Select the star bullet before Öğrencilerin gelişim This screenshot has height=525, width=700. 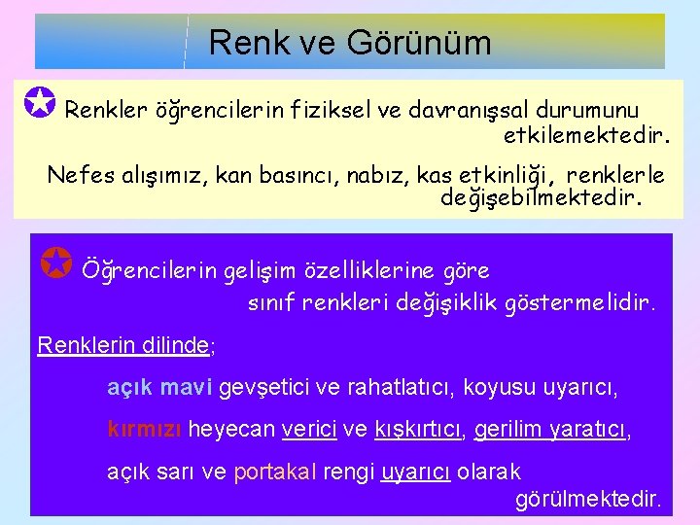coord(58,262)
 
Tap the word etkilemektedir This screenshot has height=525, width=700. coord(586,133)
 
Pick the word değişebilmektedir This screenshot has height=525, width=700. coord(542,198)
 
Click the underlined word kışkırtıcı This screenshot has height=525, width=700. coord(419,430)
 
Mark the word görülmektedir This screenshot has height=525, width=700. coord(587,500)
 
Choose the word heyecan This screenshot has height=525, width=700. coord(230,430)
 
